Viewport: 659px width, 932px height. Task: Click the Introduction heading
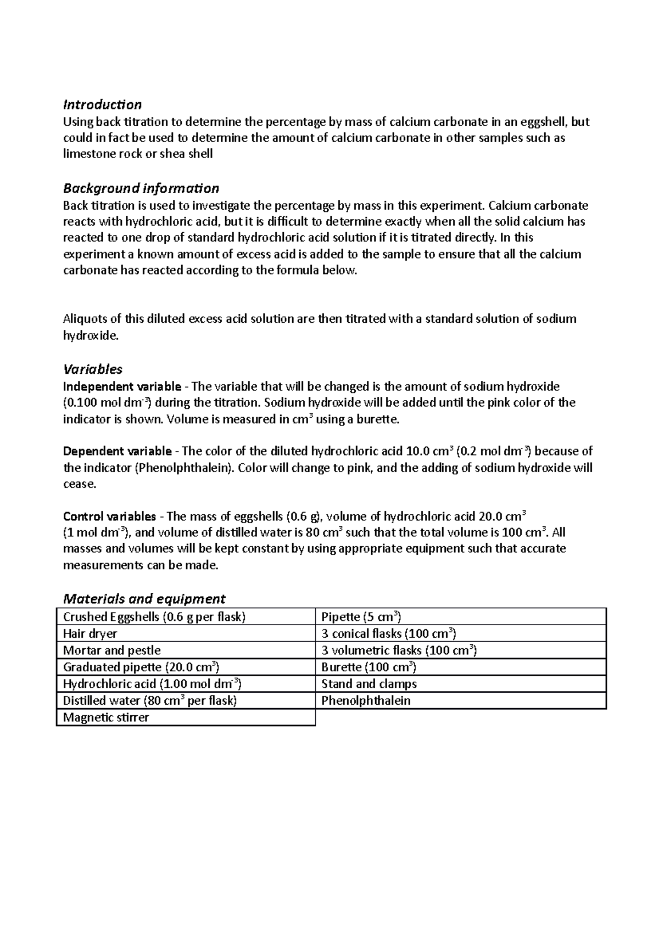coord(102,104)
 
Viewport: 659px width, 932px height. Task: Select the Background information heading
coord(141,188)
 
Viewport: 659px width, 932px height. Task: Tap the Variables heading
coord(93,369)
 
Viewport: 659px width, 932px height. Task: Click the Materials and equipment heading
coord(144,598)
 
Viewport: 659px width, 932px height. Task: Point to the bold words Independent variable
coord(122,386)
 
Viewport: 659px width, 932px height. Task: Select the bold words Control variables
coord(110,516)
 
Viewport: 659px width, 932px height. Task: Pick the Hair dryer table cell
coord(90,634)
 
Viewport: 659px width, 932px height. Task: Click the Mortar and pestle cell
coord(112,650)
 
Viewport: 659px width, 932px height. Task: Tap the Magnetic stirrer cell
coord(106,717)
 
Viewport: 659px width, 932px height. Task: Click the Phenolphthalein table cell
coord(366,700)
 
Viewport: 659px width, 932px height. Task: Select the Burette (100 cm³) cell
coord(368,667)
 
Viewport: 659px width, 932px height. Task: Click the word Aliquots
coord(86,319)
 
